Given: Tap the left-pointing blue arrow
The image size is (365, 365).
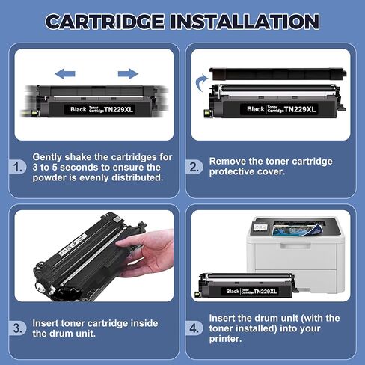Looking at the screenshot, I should pyautogui.click(x=66, y=73).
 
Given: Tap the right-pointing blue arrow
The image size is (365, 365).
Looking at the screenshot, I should pyautogui.click(x=128, y=73).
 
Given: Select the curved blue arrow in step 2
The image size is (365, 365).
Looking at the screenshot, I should pyautogui.click(x=200, y=79).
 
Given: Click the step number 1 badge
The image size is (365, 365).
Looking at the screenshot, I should pyautogui.click(x=17, y=168).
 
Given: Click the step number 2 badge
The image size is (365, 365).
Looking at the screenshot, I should pyautogui.click(x=194, y=166).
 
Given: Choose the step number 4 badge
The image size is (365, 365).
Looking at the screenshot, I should pyautogui.click(x=194, y=327).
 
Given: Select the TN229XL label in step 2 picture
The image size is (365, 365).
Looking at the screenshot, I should pyautogui.click(x=302, y=110).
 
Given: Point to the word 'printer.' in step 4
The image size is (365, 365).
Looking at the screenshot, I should pyautogui.click(x=229, y=339).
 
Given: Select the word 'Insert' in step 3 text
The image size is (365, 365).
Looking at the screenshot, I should pyautogui.click(x=48, y=323).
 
